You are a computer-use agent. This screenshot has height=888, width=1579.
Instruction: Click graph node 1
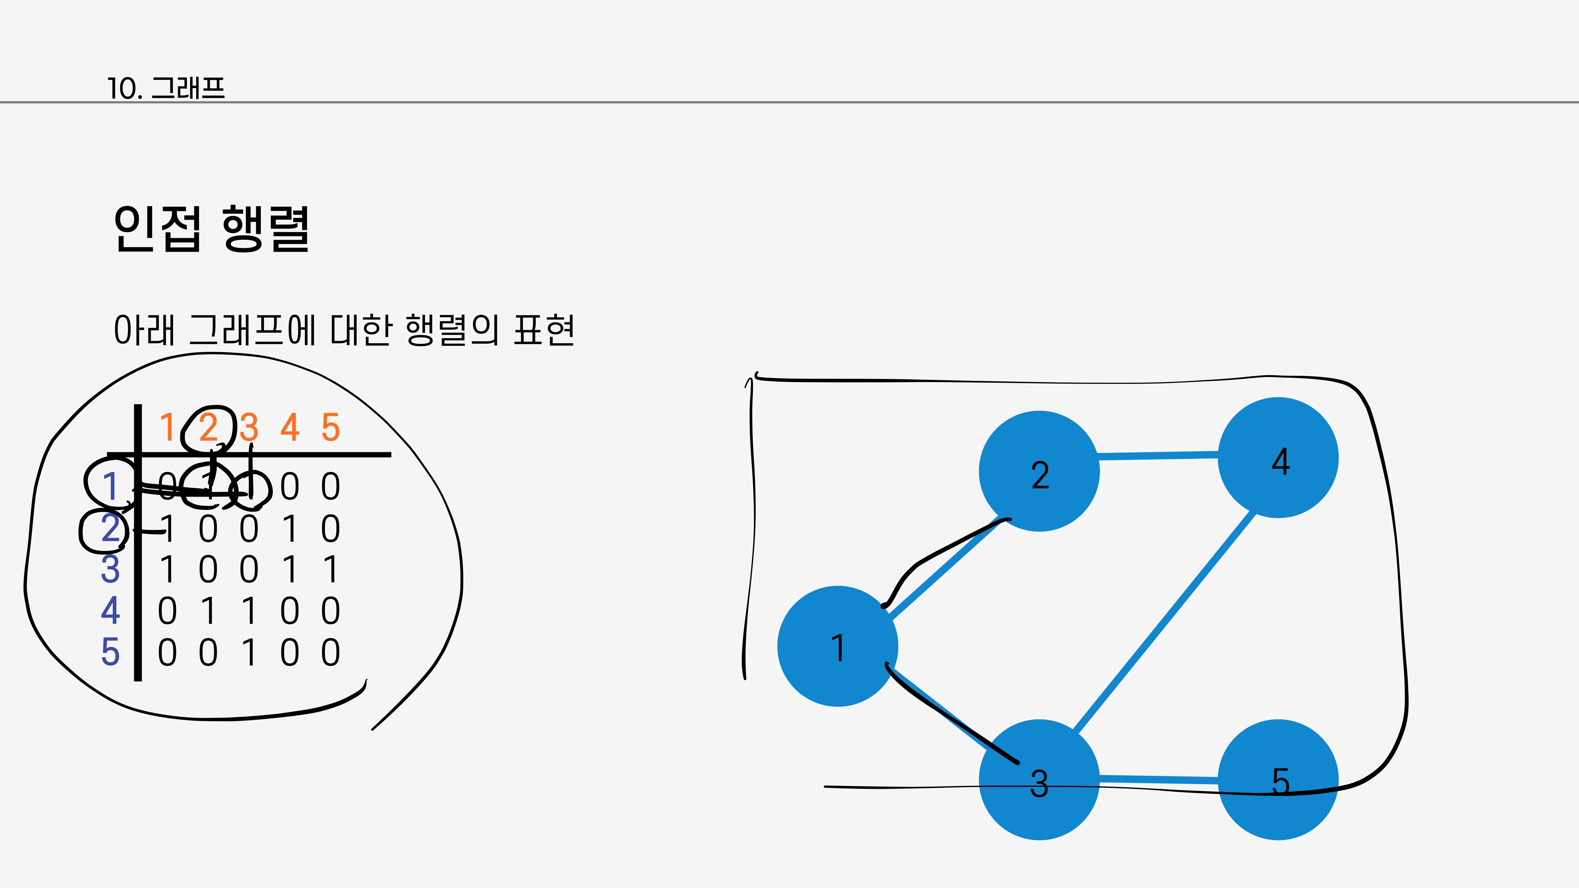[837, 646]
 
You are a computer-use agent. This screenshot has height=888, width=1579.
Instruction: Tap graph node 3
[1039, 780]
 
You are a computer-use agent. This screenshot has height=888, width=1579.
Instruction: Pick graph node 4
[1278, 458]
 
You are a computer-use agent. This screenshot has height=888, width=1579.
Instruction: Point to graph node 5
[1278, 780]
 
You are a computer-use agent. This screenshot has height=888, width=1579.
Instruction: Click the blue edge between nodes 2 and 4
[1158, 455]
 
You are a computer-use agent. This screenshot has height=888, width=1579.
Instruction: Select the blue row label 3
[110, 569]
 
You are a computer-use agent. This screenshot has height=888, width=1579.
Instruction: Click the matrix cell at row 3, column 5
[330, 569]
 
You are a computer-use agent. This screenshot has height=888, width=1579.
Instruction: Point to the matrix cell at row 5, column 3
[249, 652]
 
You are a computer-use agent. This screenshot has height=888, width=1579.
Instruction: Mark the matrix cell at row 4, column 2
[208, 611]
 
